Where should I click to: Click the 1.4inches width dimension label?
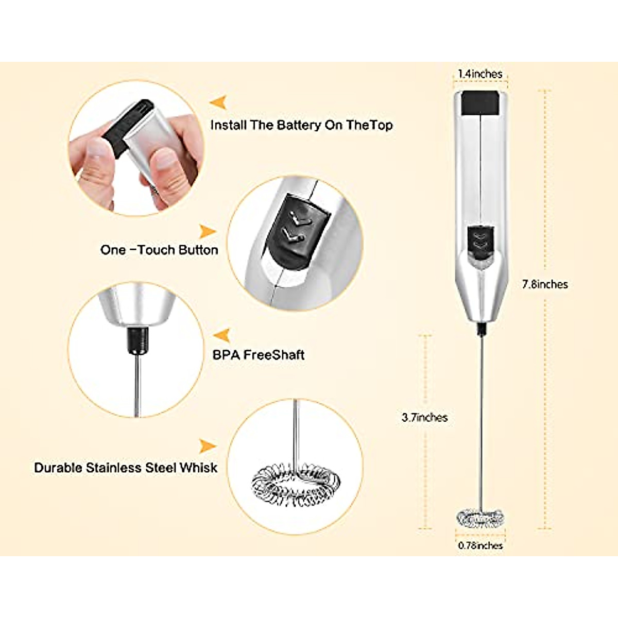pyautogui.click(x=480, y=74)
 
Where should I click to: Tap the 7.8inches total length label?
pyautogui.click(x=545, y=284)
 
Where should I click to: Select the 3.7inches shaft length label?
pyautogui.click(x=424, y=418)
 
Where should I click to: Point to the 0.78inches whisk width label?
pyautogui.click(x=480, y=545)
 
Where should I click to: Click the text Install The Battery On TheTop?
pyautogui.click(x=301, y=125)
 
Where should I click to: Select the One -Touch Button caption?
pyautogui.click(x=159, y=250)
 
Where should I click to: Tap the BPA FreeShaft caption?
pyautogui.click(x=258, y=355)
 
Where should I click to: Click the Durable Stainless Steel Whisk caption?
pyautogui.click(x=126, y=468)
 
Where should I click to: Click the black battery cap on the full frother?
pyautogui.click(x=480, y=103)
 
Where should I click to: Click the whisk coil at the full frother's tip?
pyautogui.click(x=480, y=517)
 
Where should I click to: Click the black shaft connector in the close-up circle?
pyautogui.click(x=136, y=340)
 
